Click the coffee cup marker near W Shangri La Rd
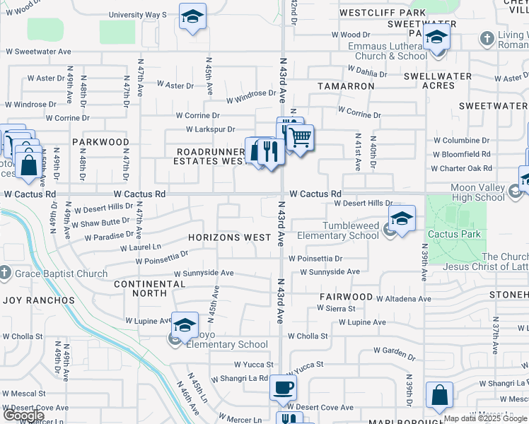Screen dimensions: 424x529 (283, 387)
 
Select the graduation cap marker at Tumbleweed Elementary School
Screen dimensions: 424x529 (402, 218)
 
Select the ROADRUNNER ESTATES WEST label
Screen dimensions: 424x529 (211, 156)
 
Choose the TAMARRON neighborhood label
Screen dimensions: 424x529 (346, 86)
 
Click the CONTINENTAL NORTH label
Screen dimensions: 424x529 (149, 288)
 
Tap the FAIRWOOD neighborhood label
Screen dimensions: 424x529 (345, 297)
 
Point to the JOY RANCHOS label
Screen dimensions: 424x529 (39, 300)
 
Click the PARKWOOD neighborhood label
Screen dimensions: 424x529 (105, 142)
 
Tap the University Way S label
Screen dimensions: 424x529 (137, 14)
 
